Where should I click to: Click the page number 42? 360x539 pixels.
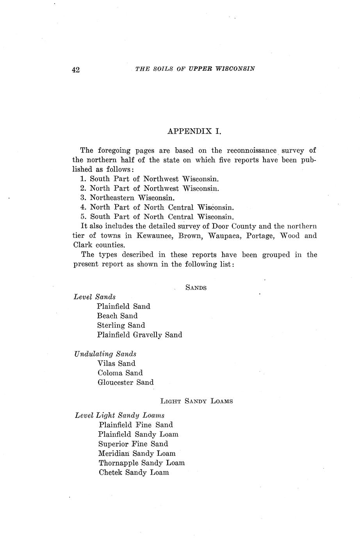click(x=76, y=70)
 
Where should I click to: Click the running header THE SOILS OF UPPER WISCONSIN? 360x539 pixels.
click(x=195, y=69)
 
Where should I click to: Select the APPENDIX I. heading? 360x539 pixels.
click(x=194, y=131)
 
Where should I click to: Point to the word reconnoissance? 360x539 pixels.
click(x=251, y=150)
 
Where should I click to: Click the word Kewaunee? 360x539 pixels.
click(x=155, y=236)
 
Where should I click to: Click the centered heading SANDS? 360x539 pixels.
click(x=196, y=288)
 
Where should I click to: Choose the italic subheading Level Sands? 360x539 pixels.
click(x=94, y=297)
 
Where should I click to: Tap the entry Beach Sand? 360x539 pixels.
click(x=117, y=316)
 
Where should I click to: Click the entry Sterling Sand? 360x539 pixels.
click(x=121, y=325)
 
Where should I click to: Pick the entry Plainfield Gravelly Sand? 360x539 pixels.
click(x=139, y=335)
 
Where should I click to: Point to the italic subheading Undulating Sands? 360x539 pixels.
click(x=105, y=354)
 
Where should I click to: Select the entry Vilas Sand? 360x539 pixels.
click(x=116, y=363)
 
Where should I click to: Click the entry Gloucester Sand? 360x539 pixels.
click(x=125, y=382)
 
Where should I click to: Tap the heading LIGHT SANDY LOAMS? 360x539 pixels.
click(x=196, y=401)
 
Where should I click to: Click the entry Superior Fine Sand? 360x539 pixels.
click(x=133, y=444)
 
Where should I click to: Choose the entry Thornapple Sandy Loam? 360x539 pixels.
click(x=141, y=463)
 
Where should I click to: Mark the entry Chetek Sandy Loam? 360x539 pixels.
click(x=134, y=473)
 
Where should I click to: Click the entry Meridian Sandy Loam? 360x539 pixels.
click(x=137, y=453)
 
